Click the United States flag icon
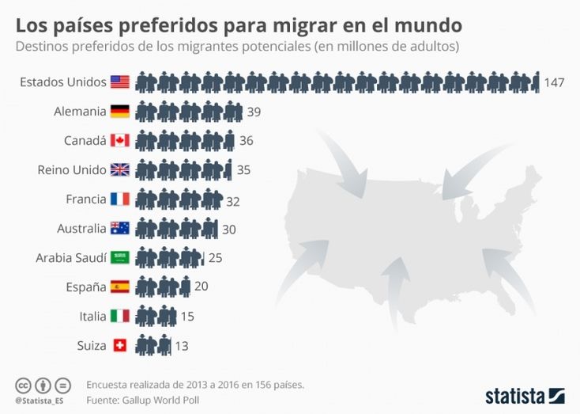[120, 82]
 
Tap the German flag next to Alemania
[120, 112]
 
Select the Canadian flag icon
[120, 141]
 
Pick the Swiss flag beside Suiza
[120, 346]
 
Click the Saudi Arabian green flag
[120, 258]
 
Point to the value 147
[554, 82]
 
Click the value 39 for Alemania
[254, 112]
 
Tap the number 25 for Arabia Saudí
[216, 259]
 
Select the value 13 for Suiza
[181, 346]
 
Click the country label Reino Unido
[71, 170]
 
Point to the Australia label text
[81, 229]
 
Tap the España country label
[86, 287]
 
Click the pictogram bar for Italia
[156, 317]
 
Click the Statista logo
[525, 394]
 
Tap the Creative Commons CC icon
[24, 386]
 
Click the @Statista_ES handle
[40, 401]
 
